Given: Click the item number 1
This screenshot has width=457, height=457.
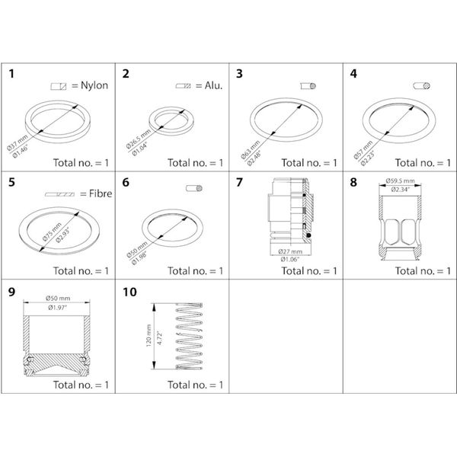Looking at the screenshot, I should (x=11, y=75).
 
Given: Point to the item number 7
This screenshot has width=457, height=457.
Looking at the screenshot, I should (x=239, y=183).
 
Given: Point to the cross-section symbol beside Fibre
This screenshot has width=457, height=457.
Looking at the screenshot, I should (x=59, y=194).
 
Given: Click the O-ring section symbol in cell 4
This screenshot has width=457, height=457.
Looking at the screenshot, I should (x=423, y=86).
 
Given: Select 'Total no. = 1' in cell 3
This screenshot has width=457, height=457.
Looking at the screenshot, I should (x=309, y=163).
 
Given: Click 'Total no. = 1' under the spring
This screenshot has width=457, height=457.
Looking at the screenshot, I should (x=196, y=385).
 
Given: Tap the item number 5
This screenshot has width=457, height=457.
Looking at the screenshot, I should (x=11, y=183).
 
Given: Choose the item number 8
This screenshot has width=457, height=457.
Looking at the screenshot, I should (x=353, y=183).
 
